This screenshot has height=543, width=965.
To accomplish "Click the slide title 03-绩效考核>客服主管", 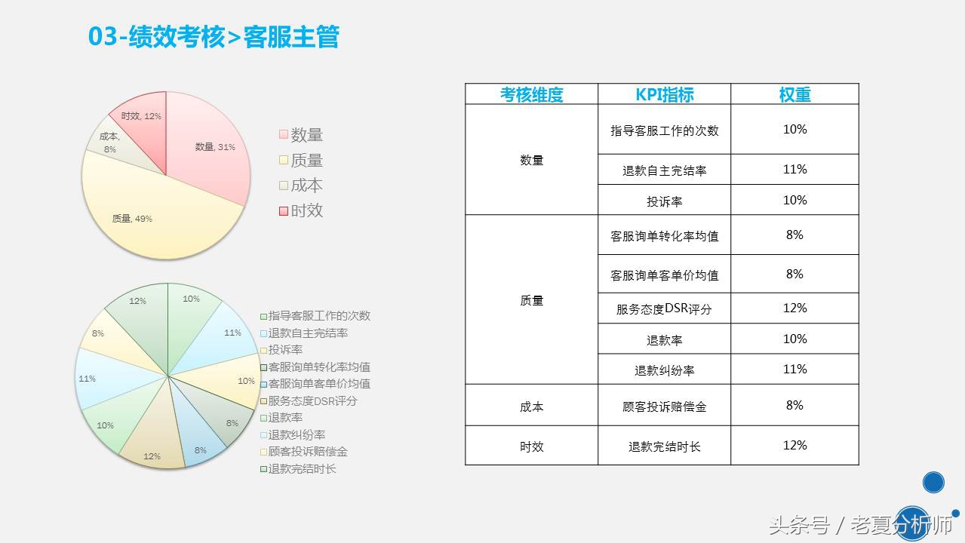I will [x=214, y=37].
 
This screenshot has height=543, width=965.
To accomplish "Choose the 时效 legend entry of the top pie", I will [x=301, y=210].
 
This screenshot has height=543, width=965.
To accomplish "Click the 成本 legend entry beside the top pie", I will [x=301, y=186].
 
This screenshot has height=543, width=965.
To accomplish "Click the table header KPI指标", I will [x=664, y=94].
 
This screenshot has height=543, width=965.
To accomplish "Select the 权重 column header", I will [x=794, y=94].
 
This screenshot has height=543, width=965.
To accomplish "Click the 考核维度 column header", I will [x=531, y=94].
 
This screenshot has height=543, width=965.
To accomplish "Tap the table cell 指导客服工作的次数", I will [x=664, y=130].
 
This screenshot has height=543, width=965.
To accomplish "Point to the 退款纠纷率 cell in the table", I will [x=664, y=370].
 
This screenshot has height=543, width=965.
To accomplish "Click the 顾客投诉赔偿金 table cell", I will [x=664, y=406].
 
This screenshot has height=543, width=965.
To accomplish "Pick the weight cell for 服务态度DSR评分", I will [x=794, y=308].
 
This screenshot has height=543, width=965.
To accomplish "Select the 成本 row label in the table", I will [x=531, y=406].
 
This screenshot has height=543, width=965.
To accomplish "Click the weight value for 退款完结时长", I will [x=794, y=445].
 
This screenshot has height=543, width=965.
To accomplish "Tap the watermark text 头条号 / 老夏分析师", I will [x=860, y=525].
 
